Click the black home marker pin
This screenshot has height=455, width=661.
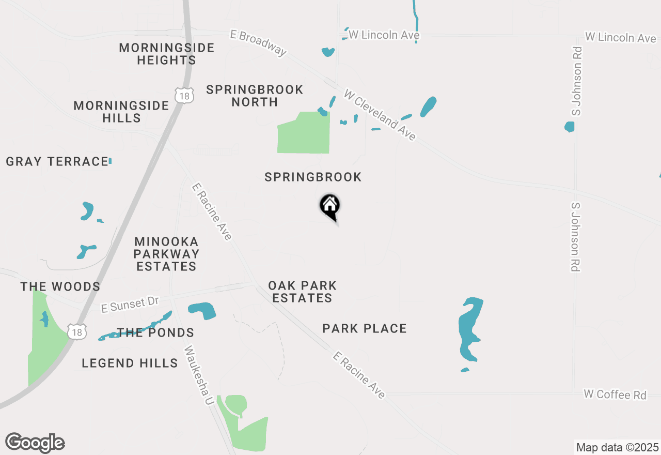329,206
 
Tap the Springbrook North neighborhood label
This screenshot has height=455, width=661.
255,96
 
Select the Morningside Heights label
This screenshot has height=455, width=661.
166,54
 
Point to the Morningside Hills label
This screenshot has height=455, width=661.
121,112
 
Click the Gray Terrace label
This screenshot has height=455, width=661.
57,162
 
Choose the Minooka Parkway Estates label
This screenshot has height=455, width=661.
166,254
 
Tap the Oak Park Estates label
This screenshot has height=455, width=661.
302,292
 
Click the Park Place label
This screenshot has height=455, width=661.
365,328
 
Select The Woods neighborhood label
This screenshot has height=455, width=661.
60,286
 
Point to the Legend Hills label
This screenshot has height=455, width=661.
130,363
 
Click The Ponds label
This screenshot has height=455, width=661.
155,332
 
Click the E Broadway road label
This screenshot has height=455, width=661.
258,42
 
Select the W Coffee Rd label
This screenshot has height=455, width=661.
615,395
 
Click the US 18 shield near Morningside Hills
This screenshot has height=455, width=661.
184,95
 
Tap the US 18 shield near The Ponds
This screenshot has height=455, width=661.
77,332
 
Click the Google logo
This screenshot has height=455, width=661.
35,443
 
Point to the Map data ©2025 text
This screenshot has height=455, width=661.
617,447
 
